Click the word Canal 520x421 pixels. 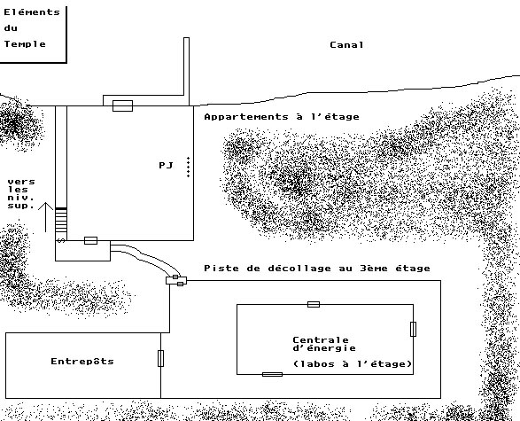[x=346, y=45]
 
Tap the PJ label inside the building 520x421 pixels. [x=166, y=165]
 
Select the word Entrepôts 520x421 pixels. [x=82, y=362]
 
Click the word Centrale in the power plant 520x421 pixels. [x=321, y=340]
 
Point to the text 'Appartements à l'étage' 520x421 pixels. [x=282, y=117]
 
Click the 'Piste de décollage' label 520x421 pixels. [x=268, y=268]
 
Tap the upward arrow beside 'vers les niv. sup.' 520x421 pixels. [x=45, y=217]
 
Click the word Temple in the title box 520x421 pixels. [x=25, y=44]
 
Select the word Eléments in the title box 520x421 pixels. [x=32, y=12]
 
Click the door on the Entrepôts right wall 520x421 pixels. [x=161, y=358]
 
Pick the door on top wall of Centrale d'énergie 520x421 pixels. [x=314, y=304]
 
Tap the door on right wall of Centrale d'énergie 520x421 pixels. [x=413, y=329]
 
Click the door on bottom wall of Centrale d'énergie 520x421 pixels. [x=272, y=375]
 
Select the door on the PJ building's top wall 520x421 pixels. [x=123, y=105]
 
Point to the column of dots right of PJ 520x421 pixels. [x=188, y=168]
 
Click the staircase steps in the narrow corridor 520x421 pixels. [x=61, y=220]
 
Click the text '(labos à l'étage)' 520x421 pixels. [x=353, y=364]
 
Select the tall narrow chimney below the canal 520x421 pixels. [x=186, y=71]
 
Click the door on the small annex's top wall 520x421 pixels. [x=91, y=240]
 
